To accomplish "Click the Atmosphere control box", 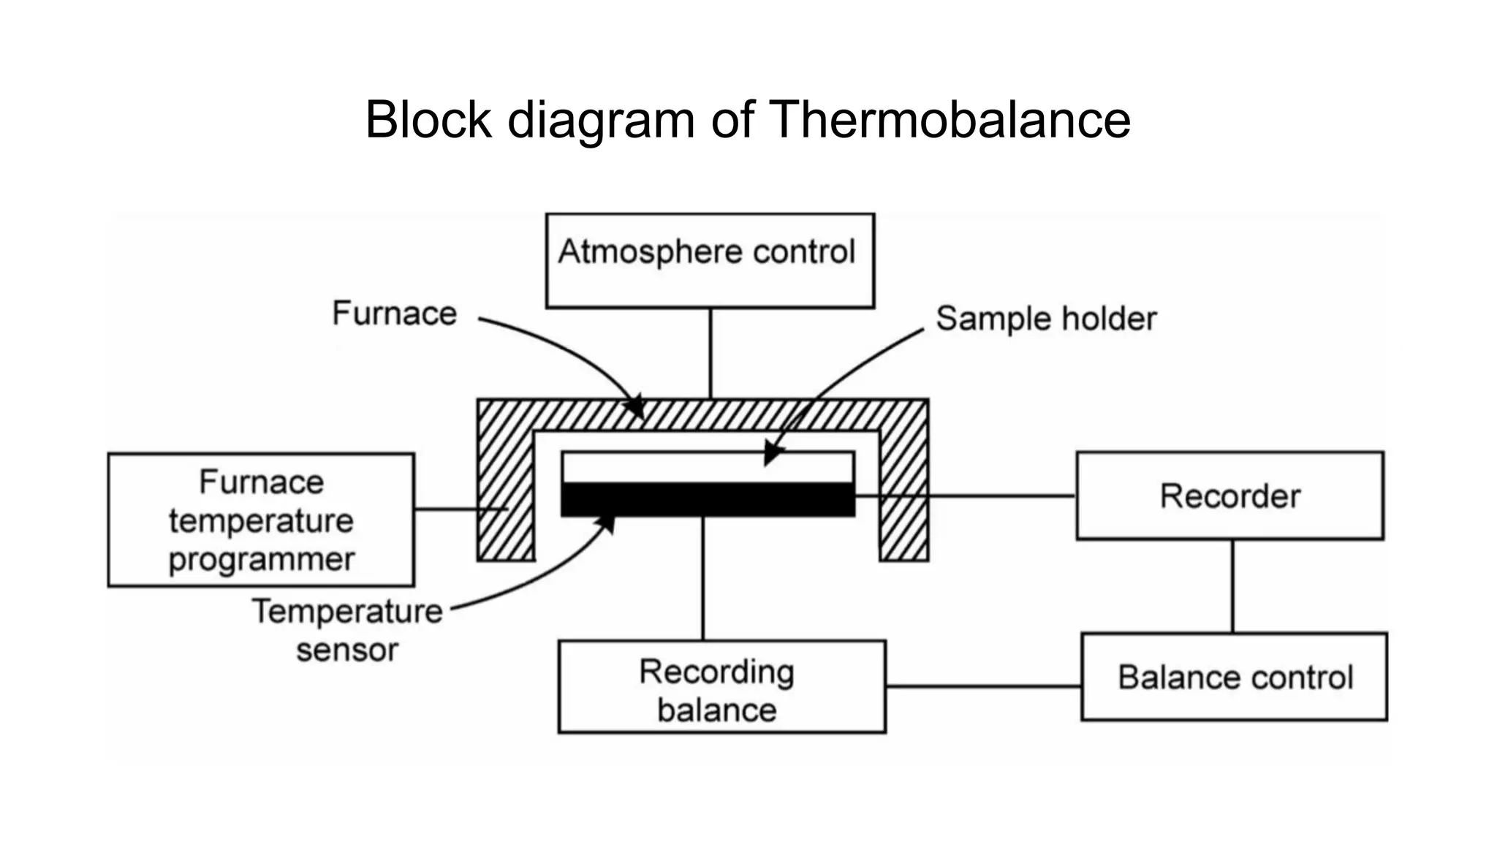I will point(710,260).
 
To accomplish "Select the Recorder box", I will point(1229,496).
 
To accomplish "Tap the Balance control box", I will point(1234,677).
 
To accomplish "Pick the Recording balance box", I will point(721,687).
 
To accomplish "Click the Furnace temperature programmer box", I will point(261,520).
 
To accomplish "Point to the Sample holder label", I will point(1045,319).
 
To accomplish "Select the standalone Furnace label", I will point(395,314).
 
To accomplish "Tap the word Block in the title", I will point(428,120).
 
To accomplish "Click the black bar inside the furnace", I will point(708,500).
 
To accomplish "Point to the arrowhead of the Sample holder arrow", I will point(770,455).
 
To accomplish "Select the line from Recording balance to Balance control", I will point(983,686).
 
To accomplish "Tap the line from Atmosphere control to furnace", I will point(710,353).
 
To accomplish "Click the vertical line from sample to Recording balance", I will point(703,577).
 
